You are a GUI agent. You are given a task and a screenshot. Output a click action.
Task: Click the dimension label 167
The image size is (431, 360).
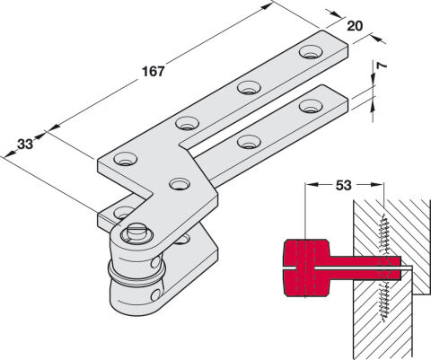coord(154,72)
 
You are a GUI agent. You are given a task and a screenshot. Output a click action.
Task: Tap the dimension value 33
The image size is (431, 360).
coord(25,145)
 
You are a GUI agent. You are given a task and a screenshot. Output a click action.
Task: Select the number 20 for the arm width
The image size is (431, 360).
coord(355,26)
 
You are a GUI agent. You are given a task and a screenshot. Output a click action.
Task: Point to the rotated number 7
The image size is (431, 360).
coord(381,66)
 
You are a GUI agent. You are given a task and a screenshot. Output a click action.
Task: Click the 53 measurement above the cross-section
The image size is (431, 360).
coord(343,186)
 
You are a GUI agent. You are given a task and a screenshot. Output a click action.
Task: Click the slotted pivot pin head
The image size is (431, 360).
coord(136,233)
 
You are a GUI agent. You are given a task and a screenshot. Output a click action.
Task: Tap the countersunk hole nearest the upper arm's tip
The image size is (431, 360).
coord(312,52)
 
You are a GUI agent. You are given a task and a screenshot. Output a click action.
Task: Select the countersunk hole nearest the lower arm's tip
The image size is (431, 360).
coord(311,106)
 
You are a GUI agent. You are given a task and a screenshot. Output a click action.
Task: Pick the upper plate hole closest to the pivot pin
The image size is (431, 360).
coord(180,184)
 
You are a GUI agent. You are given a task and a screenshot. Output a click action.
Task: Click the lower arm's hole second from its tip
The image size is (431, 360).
coord(249,142)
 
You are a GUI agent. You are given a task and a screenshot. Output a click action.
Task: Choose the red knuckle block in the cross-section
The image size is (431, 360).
coord(307,268)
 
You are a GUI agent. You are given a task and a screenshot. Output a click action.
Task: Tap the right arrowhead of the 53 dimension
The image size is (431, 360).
coord(376,185)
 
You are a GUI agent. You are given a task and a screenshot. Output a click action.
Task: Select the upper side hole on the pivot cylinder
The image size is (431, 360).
coord(156,262)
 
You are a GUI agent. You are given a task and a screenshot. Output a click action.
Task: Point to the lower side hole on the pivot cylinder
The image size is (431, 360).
coord(155,295)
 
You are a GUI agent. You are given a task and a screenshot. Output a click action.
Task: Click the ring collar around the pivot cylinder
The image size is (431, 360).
coord(136,274)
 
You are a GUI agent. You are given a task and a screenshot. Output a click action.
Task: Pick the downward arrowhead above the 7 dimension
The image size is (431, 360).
coord(374,79)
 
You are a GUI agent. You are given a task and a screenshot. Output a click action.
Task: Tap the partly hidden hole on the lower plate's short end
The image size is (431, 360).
coord(123,212)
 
